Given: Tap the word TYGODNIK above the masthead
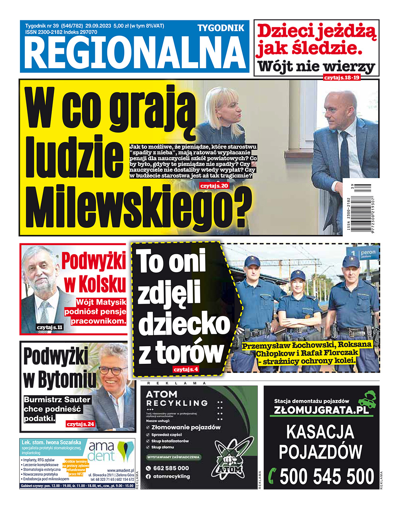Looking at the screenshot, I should (x=221, y=28).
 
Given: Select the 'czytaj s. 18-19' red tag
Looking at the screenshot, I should (x=342, y=77).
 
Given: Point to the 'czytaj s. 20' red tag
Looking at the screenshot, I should (x=214, y=186).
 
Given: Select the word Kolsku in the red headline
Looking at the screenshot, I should (x=95, y=284).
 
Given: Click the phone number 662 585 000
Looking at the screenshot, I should (x=171, y=468).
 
